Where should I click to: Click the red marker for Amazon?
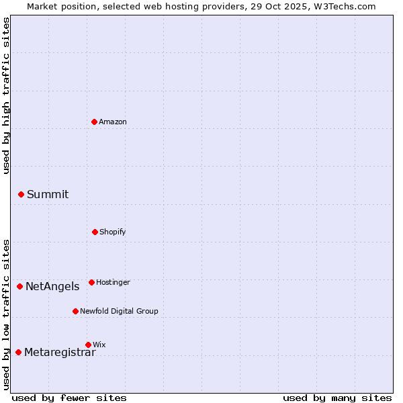click(x=94, y=122)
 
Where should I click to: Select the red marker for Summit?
click(x=21, y=194)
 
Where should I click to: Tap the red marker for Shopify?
click(x=95, y=232)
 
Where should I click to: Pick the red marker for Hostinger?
click(x=91, y=282)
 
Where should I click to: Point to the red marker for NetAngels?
click(x=19, y=286)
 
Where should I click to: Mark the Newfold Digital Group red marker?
click(x=75, y=311)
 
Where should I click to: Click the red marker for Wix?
click(x=88, y=345)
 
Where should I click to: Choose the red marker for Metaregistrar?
click(x=18, y=352)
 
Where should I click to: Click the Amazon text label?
click(x=113, y=122)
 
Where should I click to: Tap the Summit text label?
click(x=48, y=194)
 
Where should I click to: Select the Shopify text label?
click(x=113, y=232)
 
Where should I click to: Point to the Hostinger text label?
click(x=113, y=282)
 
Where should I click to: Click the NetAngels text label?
click(x=52, y=286)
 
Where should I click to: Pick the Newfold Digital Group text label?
click(x=119, y=311)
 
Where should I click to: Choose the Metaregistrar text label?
click(x=60, y=352)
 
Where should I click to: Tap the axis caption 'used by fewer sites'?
click(x=69, y=398)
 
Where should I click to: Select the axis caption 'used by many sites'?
click(x=337, y=398)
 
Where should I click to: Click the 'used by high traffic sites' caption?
click(x=6, y=95)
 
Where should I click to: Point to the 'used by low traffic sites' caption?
click(x=6, y=314)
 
